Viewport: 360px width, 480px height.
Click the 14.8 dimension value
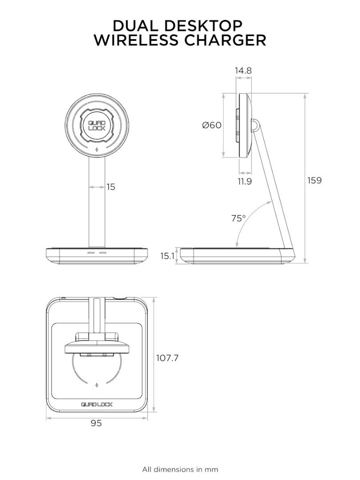point(244,70)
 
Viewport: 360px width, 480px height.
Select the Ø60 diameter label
point(212,125)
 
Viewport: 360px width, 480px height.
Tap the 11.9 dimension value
point(244,181)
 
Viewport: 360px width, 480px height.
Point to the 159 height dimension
point(314,180)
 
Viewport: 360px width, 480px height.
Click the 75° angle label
point(238,218)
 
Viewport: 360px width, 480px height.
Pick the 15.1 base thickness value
point(168,256)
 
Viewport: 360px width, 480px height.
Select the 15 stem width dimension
point(111,187)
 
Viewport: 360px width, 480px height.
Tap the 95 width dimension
point(96,424)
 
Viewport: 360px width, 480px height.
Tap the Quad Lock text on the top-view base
point(96,404)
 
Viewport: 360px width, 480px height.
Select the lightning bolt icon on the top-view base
point(97,384)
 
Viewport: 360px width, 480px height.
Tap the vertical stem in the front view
point(97,204)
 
